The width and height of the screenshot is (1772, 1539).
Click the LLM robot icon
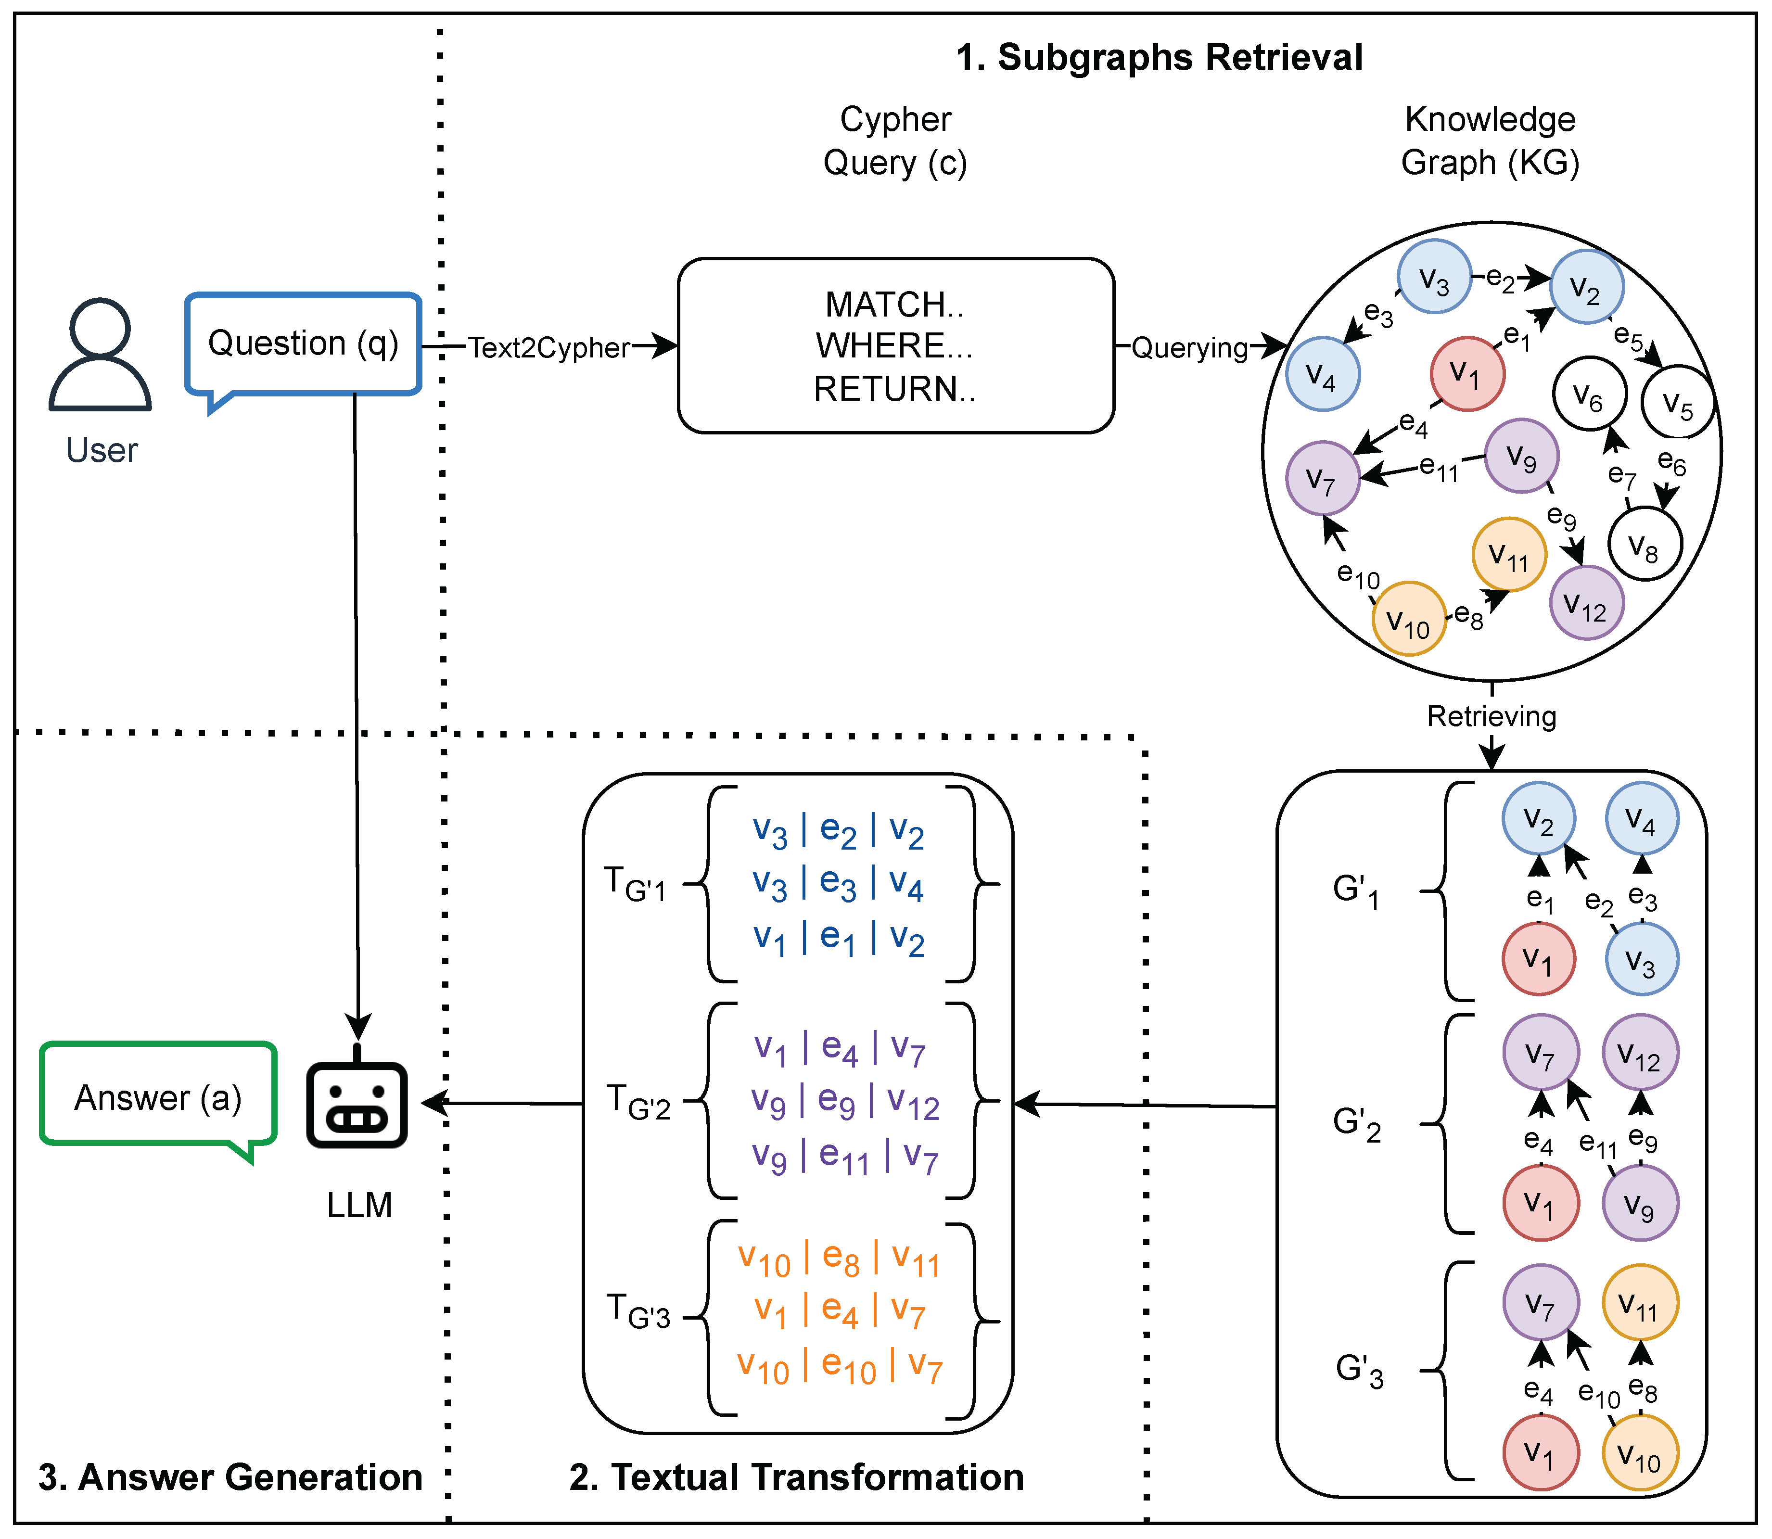tap(357, 1104)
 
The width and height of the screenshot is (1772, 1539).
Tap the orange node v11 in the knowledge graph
tap(1509, 555)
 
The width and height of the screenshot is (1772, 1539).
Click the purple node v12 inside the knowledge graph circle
tap(1586, 603)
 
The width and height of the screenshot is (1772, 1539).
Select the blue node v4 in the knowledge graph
tap(1322, 374)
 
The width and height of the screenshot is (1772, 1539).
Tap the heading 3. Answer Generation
tap(230, 1477)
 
